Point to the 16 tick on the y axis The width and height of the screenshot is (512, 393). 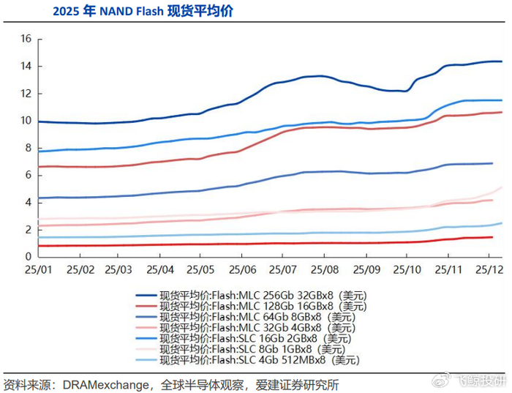pos(25,39)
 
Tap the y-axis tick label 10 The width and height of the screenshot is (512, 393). pos(25,121)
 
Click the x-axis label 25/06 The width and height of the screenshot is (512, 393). pos(242,269)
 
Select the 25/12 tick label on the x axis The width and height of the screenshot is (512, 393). pos(488,269)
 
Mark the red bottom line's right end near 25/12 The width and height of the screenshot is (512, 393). pos(492,237)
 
